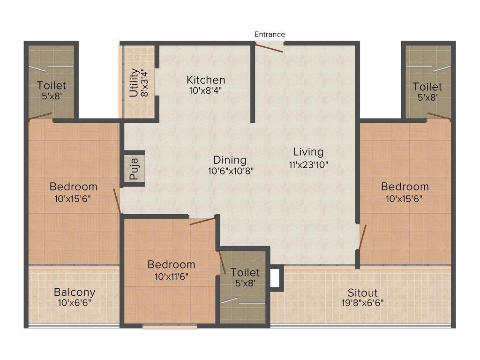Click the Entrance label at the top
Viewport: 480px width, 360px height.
[x=270, y=34]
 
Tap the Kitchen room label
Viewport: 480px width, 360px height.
[x=206, y=80]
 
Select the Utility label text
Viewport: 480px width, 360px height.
[x=134, y=82]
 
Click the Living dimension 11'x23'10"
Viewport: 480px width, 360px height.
[x=308, y=164]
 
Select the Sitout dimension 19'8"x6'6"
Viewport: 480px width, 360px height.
[x=363, y=303]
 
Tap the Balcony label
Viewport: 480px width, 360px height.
[x=75, y=292]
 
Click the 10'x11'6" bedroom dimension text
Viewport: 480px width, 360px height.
[x=171, y=277]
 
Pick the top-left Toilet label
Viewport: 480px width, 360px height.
[x=52, y=86]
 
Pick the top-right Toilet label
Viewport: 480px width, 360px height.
[x=427, y=87]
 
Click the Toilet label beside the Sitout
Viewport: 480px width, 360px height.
[x=245, y=272]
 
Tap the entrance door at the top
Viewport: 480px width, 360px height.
[x=270, y=46]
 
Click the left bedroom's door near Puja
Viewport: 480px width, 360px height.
[x=118, y=200]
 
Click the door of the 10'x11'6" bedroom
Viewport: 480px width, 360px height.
[x=202, y=221]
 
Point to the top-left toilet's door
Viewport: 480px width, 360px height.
[x=40, y=116]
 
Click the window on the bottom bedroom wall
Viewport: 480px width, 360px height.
[x=170, y=327]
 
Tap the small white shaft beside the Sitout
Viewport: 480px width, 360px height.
[x=275, y=277]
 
